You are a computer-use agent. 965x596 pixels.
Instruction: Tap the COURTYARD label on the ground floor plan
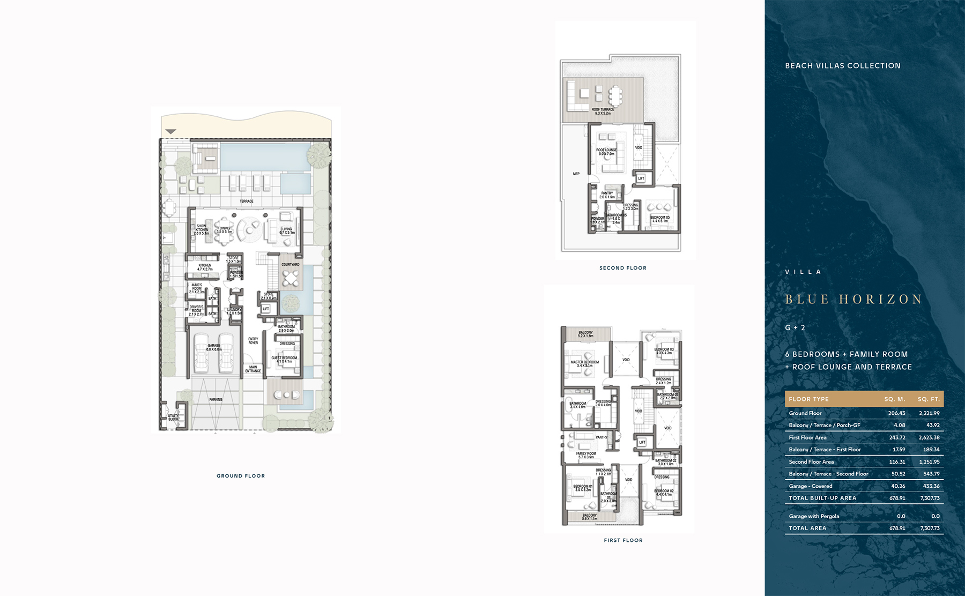click(x=291, y=264)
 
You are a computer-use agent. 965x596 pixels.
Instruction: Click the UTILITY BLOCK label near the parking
click(x=173, y=417)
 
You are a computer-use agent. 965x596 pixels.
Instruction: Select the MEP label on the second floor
click(x=576, y=174)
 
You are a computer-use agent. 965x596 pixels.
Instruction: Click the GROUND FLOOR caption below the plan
click(x=241, y=476)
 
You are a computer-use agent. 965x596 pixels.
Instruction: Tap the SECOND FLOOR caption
click(x=623, y=268)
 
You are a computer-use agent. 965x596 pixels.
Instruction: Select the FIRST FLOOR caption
click(x=623, y=540)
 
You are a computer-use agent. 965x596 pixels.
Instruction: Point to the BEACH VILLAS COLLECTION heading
click(x=843, y=65)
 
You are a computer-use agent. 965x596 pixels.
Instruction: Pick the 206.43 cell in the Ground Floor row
click(x=896, y=413)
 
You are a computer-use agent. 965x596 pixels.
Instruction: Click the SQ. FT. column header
click(x=929, y=399)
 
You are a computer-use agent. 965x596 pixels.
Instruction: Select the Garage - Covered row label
click(x=811, y=486)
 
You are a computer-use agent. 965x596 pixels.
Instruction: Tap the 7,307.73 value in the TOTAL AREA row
click(x=930, y=528)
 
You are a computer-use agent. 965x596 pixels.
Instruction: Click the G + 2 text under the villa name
click(x=795, y=327)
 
